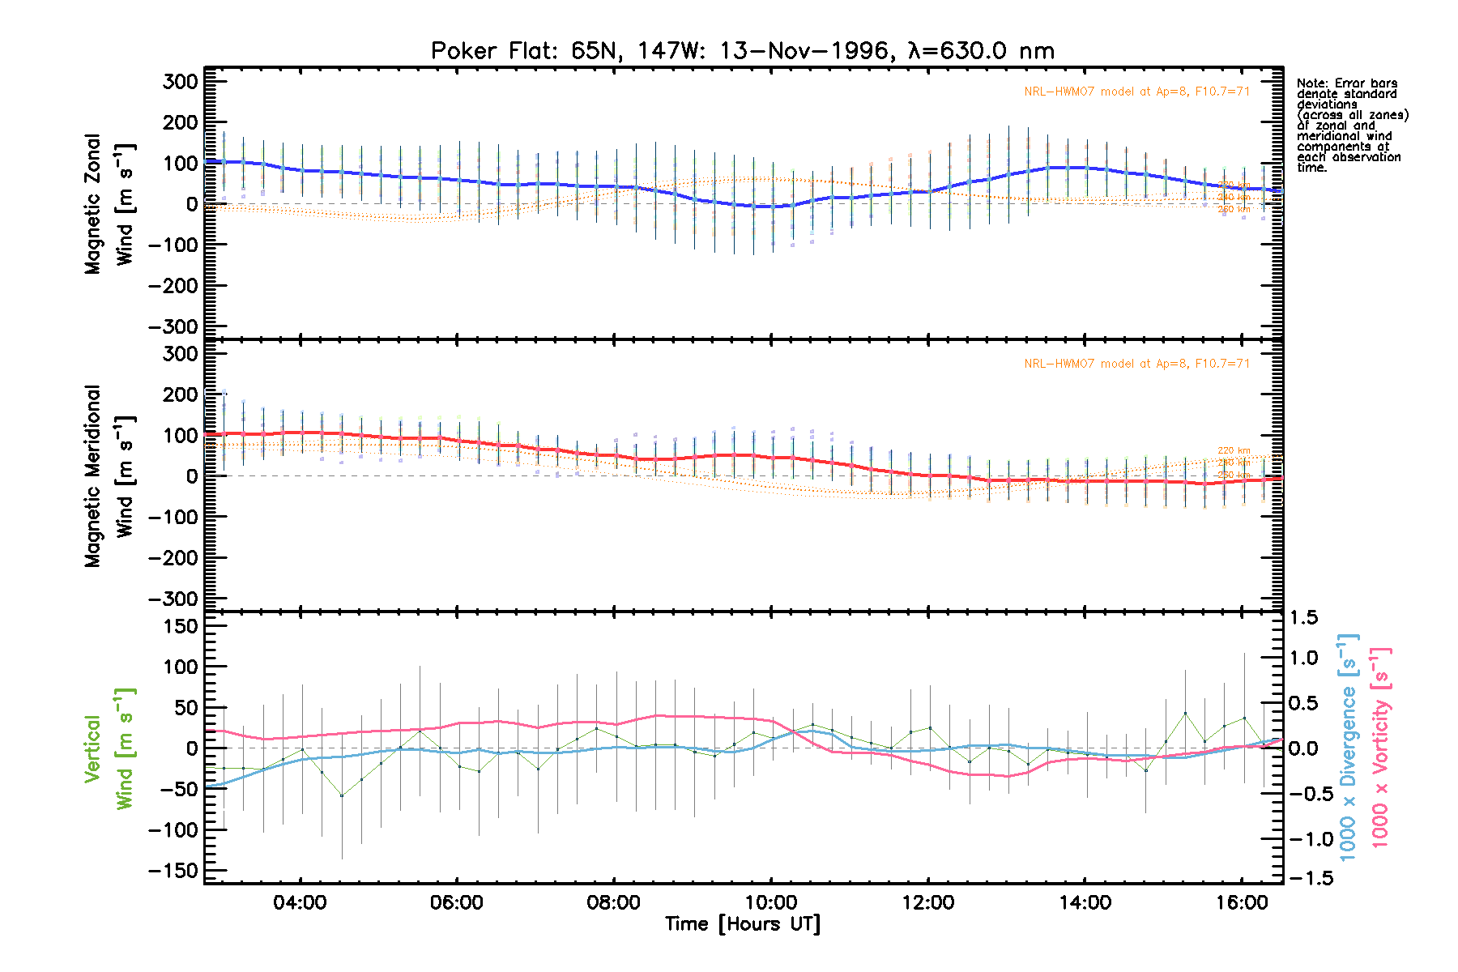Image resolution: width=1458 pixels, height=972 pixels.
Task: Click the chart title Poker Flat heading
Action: pyautogui.click(x=742, y=51)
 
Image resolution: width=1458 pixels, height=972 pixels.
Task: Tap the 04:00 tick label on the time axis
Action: pyautogui.click(x=300, y=902)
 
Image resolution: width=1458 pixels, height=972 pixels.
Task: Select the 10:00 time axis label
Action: pyautogui.click(x=771, y=902)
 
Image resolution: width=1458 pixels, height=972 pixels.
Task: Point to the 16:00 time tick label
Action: pyautogui.click(x=1242, y=902)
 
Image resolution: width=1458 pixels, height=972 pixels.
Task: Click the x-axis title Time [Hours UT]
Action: pyautogui.click(x=742, y=924)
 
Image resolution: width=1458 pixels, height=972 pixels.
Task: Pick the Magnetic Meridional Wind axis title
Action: pyautogui.click(x=109, y=476)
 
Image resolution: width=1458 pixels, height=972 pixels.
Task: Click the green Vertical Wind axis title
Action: pyautogui.click(x=109, y=748)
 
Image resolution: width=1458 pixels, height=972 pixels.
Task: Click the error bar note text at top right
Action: pyautogui.click(x=1351, y=126)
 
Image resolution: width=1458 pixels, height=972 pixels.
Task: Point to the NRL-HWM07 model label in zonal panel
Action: pyautogui.click(x=1136, y=92)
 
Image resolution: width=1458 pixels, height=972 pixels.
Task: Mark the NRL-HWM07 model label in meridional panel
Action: pyautogui.click(x=1136, y=364)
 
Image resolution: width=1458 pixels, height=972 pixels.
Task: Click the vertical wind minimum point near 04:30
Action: pyautogui.click(x=342, y=795)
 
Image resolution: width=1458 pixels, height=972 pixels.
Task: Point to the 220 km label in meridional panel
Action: pyautogui.click(x=1234, y=451)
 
